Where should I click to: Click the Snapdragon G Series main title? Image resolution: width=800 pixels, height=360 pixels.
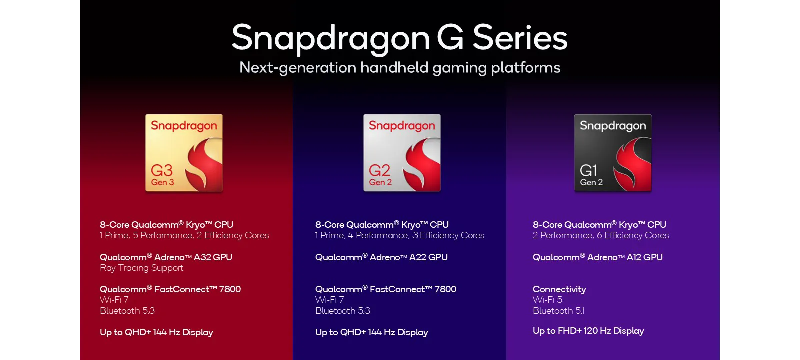[x=399, y=38]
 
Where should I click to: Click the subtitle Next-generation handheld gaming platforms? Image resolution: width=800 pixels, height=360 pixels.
[x=400, y=68]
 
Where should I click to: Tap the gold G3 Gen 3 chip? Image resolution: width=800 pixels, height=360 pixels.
[x=184, y=153]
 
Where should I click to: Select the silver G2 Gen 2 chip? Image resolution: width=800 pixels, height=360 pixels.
[x=402, y=153]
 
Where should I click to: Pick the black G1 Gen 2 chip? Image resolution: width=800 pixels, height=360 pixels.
[x=613, y=153]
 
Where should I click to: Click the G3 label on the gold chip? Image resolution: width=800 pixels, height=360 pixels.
[x=162, y=170]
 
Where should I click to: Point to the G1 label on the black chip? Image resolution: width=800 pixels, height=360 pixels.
[x=588, y=170]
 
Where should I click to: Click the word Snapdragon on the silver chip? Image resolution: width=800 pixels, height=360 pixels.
[x=402, y=126]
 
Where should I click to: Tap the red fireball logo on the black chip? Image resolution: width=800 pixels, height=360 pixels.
[x=632, y=163]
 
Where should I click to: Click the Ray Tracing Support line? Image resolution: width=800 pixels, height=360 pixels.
[x=142, y=268]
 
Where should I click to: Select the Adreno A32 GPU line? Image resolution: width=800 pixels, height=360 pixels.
[x=166, y=257]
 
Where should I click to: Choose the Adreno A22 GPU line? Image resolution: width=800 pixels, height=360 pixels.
[x=381, y=257]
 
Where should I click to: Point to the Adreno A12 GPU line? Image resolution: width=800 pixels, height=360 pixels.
[x=598, y=257]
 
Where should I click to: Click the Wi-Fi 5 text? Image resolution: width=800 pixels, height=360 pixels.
[x=547, y=300]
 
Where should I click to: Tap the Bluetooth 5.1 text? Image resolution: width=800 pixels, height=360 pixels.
[x=558, y=310]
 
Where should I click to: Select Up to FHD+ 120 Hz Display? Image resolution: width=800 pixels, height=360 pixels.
[x=588, y=331]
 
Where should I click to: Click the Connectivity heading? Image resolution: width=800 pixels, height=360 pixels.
[x=559, y=289]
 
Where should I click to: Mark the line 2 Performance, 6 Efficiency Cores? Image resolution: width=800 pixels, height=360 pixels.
[x=601, y=235]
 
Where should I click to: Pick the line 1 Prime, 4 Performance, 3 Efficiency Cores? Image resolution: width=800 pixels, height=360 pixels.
[x=400, y=235]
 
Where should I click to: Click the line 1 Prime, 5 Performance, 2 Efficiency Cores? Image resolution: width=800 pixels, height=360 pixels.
[x=184, y=235]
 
